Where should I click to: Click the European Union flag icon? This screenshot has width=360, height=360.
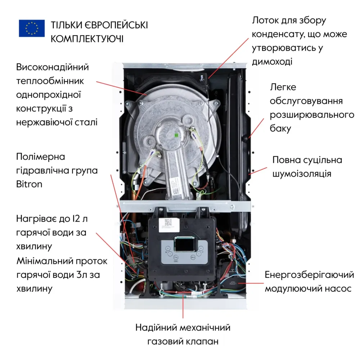(x=32, y=28)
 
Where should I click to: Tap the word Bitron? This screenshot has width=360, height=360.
(x=29, y=184)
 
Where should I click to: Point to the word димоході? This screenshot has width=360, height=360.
(x=272, y=61)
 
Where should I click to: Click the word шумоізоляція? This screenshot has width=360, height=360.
(x=302, y=174)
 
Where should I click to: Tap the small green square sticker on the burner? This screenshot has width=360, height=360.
(x=176, y=135)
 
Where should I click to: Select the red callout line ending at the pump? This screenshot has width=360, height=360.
(x=252, y=283)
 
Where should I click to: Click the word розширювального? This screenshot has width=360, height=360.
(x=312, y=115)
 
